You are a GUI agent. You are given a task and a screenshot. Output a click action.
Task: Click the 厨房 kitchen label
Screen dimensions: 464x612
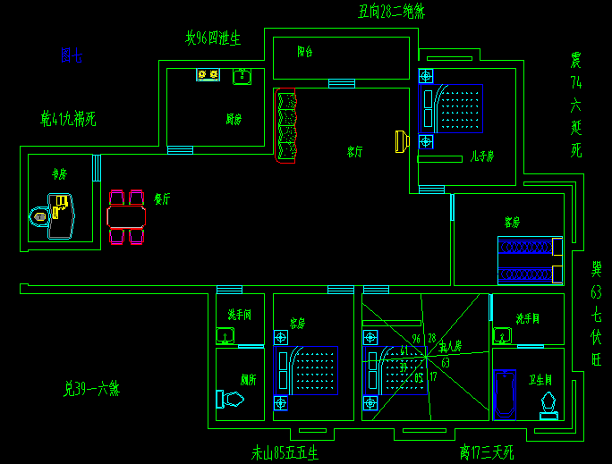click(234, 119)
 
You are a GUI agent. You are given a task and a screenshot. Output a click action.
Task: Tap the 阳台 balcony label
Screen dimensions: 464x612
click(305, 52)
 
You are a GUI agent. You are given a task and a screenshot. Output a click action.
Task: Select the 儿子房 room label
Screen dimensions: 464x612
click(483, 156)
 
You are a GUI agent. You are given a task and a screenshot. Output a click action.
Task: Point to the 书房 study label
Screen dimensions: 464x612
click(59, 174)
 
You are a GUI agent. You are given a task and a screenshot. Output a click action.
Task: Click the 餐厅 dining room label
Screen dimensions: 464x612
click(162, 199)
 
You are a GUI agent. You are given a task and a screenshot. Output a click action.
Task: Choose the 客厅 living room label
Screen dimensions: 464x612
click(355, 152)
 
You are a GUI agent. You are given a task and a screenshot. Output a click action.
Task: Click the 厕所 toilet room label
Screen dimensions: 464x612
click(248, 379)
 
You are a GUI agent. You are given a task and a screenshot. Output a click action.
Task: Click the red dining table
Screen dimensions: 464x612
click(126, 216)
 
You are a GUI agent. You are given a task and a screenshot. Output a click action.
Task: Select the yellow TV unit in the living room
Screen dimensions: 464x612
click(401, 140)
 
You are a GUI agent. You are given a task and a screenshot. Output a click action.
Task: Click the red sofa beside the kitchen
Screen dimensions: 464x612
click(286, 126)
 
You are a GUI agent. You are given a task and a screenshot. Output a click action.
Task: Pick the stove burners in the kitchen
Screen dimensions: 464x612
click(208, 75)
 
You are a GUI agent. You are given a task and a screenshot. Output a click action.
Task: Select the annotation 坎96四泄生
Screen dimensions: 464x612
click(213, 38)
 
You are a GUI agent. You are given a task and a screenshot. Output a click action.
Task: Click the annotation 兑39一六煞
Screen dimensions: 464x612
click(91, 389)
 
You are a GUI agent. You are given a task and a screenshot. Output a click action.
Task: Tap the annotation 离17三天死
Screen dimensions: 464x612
click(487, 452)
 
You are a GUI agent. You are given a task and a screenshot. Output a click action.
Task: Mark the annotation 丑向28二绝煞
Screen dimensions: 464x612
click(391, 12)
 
